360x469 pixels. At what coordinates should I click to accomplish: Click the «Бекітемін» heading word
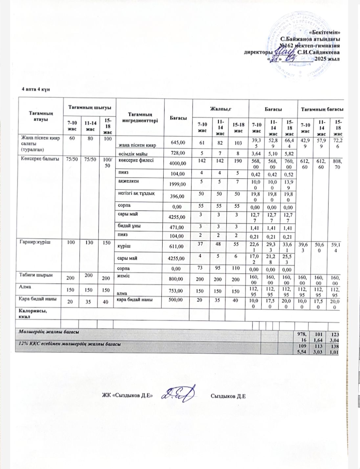click(x=325, y=32)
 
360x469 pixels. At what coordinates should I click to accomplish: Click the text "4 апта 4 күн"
click(x=35, y=90)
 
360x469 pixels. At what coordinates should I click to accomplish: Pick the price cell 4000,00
click(x=176, y=163)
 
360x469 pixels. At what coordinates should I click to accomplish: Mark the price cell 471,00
click(x=176, y=227)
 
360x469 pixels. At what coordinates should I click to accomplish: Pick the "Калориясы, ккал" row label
click(x=33, y=314)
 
